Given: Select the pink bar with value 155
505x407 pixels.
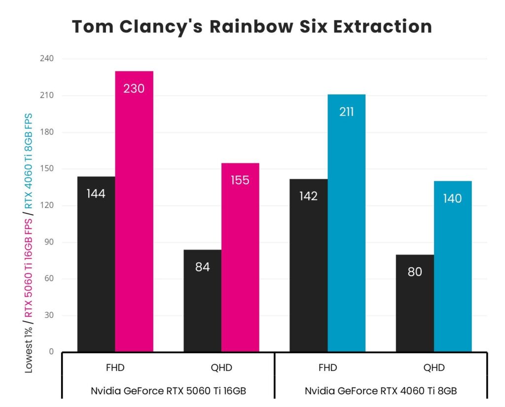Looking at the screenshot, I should click(x=240, y=257).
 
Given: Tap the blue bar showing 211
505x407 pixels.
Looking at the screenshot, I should click(x=346, y=223).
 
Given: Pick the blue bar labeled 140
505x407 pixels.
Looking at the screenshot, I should click(x=453, y=266).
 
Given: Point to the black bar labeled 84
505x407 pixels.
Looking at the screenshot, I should click(x=202, y=301).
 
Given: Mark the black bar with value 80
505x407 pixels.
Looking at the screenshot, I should click(x=415, y=303).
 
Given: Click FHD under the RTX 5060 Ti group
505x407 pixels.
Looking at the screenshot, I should click(x=115, y=367).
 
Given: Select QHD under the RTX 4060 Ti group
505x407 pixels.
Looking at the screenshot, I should click(x=434, y=367).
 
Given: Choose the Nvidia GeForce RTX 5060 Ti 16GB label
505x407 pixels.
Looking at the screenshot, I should click(x=168, y=391).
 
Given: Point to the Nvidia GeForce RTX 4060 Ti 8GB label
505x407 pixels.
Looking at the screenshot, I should click(x=381, y=391).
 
